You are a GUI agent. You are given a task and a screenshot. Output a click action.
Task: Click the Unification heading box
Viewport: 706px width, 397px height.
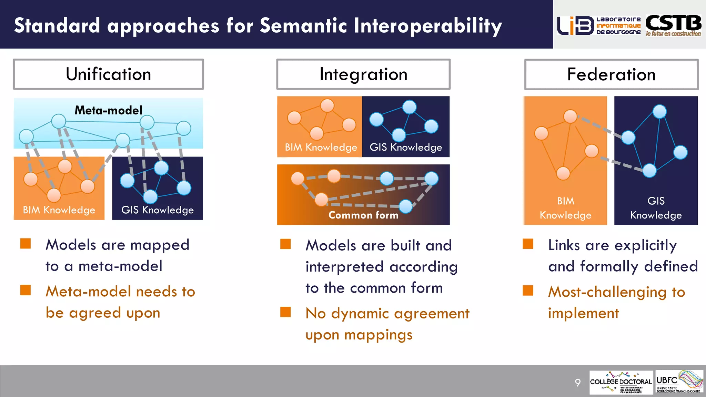108,74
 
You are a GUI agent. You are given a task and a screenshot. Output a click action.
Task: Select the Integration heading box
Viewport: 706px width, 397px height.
363,74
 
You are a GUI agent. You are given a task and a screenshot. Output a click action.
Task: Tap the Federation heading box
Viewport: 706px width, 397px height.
611,74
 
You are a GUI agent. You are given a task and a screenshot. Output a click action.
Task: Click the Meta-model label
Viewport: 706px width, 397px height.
108,110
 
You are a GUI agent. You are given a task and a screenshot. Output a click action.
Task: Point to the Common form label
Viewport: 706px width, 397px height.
363,215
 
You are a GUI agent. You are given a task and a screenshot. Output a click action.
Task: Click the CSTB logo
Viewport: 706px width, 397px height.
673,25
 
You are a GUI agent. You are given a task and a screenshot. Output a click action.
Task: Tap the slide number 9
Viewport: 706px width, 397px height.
578,382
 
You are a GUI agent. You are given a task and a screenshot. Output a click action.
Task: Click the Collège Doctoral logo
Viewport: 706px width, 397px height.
621,382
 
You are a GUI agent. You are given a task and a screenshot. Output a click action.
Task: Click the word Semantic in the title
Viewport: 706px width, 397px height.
303,26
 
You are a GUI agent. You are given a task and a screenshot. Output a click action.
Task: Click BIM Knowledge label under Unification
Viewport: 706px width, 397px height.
59,210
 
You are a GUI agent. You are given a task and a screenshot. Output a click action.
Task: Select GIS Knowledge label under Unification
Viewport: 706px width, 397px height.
158,210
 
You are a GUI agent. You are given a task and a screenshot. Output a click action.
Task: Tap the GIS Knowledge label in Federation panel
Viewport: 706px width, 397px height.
656,208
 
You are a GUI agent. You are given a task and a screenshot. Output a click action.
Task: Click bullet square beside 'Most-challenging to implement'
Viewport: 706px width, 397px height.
528,291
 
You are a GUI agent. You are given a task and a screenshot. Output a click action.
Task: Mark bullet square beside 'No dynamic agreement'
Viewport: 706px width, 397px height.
285,312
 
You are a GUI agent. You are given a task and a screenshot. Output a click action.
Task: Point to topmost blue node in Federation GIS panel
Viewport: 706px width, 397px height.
659,111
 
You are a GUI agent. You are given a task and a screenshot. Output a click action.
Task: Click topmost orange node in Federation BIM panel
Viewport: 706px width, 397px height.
570,116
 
